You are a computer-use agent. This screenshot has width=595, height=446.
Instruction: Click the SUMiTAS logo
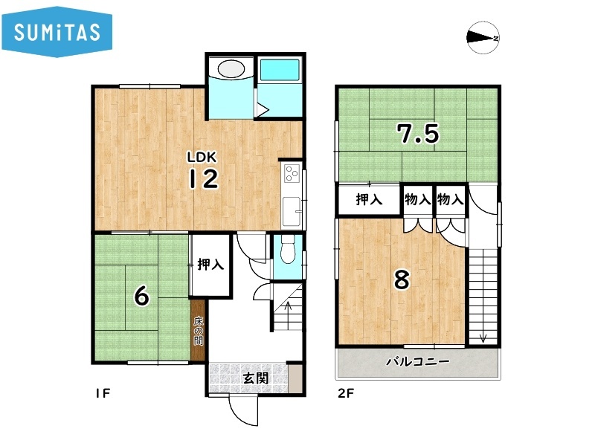[57, 32]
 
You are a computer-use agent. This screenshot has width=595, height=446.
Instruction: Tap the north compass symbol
[483, 38]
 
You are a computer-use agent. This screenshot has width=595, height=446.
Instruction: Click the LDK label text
[202, 157]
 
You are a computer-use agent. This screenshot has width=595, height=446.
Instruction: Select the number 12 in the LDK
[204, 179]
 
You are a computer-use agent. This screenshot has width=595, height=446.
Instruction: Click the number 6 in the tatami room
[141, 295]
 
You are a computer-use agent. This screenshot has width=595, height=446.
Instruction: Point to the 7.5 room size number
[418, 134]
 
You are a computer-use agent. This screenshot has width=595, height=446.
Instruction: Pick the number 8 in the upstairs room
[402, 279]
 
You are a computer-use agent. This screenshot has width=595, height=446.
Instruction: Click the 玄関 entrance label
[255, 378]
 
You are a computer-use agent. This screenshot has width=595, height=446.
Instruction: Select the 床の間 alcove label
[198, 331]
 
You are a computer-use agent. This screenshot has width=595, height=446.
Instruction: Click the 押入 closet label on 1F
[210, 265]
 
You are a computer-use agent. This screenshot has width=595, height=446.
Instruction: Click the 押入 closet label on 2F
[369, 199]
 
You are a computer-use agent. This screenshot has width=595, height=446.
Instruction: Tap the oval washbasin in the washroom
[231, 69]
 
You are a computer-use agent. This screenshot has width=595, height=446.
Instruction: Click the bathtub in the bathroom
[280, 70]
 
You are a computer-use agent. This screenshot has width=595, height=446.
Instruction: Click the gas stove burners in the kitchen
[292, 173]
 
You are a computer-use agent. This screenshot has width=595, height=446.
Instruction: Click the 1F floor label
[103, 393]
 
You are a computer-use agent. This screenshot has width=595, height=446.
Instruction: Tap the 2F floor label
[345, 393]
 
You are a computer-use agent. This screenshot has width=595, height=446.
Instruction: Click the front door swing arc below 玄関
[239, 418]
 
